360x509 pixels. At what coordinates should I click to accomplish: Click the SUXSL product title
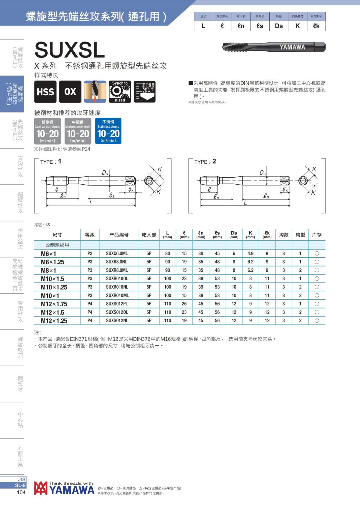[70, 50]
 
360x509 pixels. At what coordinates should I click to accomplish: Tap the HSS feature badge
[45, 92]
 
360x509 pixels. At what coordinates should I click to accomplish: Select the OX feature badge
[70, 92]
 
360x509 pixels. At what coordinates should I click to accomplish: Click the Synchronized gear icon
[120, 92]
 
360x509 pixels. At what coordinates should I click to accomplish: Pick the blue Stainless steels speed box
[108, 131]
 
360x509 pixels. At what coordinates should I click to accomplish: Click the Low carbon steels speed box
[47, 131]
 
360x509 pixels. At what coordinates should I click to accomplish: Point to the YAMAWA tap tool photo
[274, 47]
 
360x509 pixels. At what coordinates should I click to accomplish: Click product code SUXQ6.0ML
[117, 254]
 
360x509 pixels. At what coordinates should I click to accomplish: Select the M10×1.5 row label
[52, 279]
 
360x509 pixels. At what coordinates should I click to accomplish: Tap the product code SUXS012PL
[117, 304]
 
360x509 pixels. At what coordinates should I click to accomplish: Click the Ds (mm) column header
[234, 235]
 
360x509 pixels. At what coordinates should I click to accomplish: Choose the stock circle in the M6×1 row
[317, 254]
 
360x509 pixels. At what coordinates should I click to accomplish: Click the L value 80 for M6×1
[167, 254]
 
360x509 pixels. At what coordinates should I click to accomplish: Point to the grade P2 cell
[90, 254]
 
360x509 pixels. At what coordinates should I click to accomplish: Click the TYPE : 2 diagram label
[205, 162]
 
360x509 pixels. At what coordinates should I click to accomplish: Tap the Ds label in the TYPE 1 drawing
[105, 173]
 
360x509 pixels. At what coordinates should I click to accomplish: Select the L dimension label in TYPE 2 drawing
[245, 203]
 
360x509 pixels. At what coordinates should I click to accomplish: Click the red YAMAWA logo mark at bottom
[41, 488]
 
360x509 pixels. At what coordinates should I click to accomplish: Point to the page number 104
[21, 493]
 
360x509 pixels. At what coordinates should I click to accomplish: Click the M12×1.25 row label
[54, 321]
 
